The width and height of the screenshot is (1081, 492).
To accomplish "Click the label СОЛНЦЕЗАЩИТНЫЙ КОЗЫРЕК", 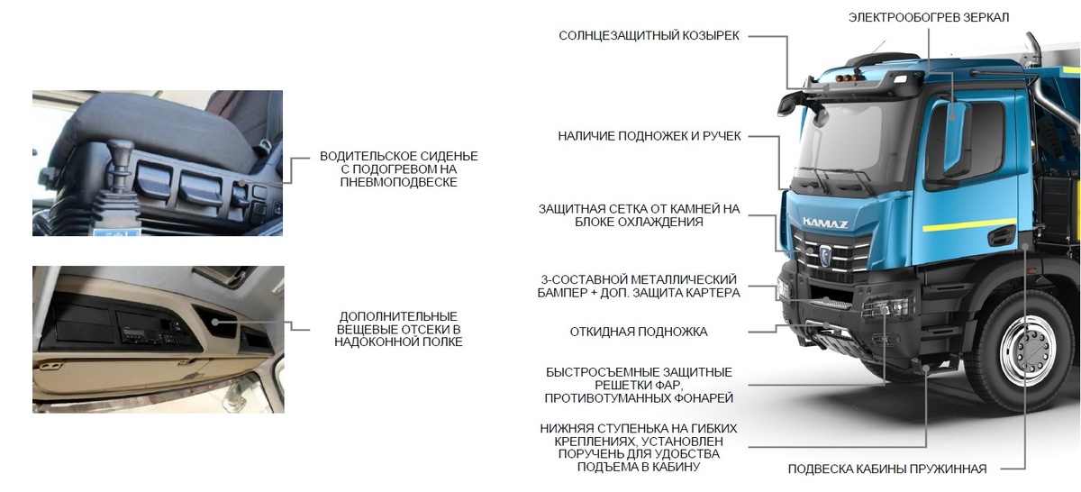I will coord(649,36).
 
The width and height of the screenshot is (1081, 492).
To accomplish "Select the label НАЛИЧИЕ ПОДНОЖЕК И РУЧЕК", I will coord(650,136).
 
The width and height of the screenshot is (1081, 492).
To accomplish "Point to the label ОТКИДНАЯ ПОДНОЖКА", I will coord(639,332).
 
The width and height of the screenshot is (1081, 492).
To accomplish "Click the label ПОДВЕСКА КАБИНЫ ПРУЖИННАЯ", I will coord(887,469).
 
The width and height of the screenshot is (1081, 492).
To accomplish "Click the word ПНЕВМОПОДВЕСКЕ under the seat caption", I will coord(399,182).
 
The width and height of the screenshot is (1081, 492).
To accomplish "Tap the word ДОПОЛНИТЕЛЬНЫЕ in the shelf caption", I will coord(398,316).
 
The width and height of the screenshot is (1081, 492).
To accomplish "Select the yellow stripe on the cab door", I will coord(973,222).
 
